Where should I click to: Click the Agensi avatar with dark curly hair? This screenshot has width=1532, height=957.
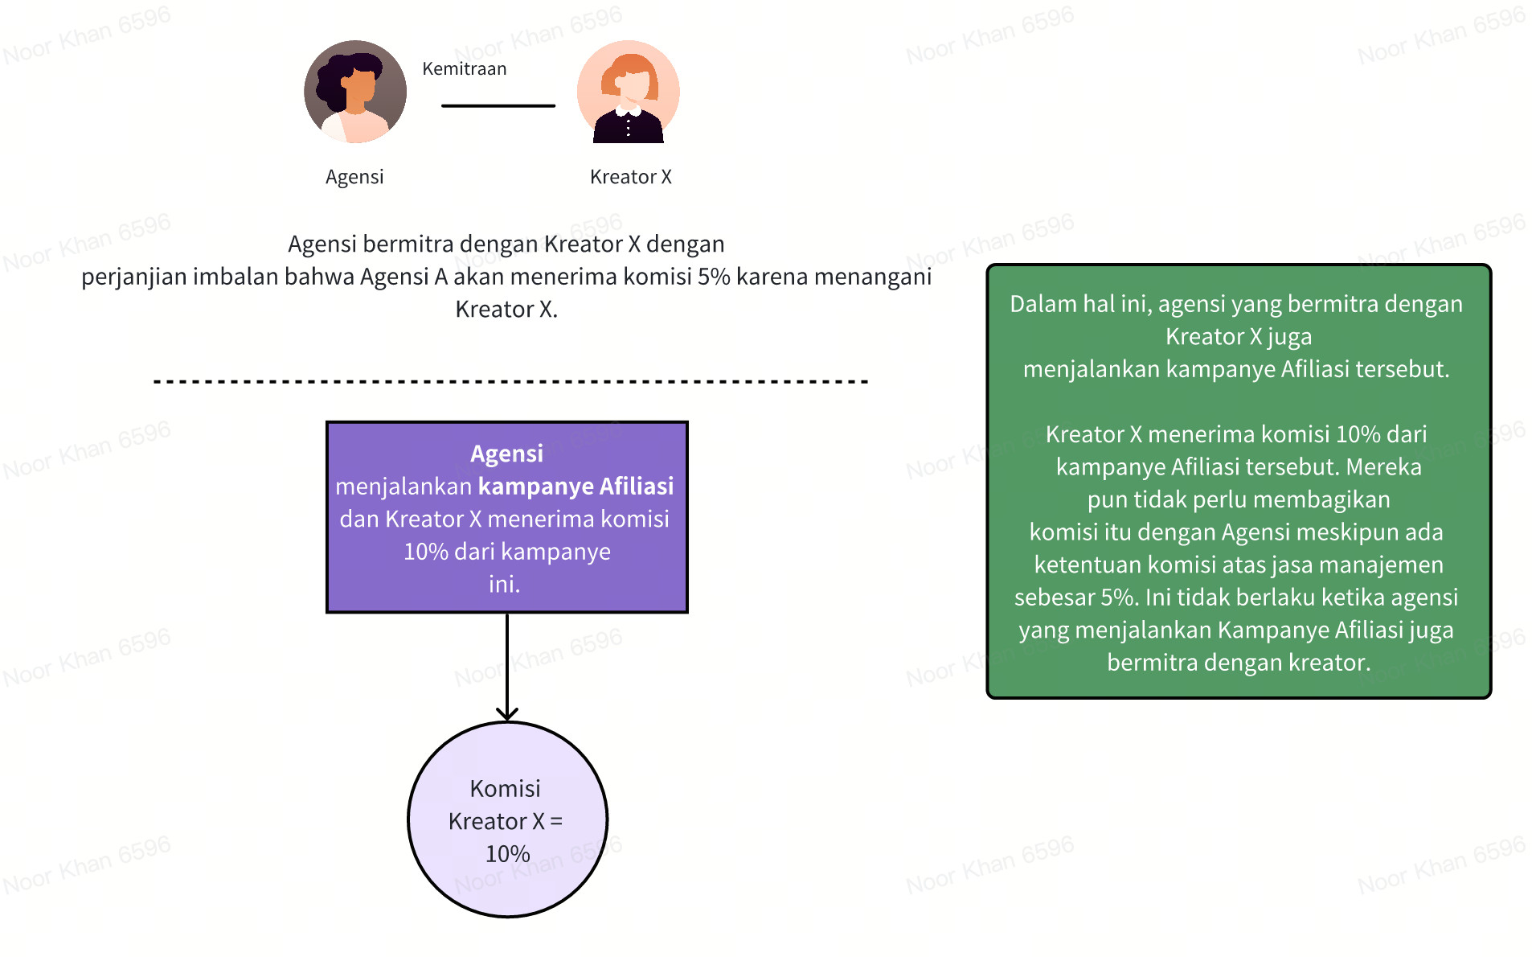(355, 92)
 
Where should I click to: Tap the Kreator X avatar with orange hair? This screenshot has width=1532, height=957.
(629, 92)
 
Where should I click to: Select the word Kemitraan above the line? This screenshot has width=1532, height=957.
(465, 69)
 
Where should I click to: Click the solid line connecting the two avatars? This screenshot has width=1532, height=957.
(498, 105)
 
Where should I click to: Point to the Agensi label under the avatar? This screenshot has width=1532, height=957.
(354, 177)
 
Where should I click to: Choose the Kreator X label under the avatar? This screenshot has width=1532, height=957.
(630, 177)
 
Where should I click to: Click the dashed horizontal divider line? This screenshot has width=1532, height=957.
(510, 381)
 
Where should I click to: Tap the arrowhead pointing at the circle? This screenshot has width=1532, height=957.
(507, 713)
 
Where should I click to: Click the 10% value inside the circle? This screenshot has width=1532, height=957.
(507, 854)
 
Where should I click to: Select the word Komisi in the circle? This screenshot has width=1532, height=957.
(505, 789)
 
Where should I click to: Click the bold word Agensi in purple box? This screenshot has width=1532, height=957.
(506, 454)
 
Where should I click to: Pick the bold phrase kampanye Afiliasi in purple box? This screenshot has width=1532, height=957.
(576, 487)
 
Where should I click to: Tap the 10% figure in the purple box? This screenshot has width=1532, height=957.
(425, 552)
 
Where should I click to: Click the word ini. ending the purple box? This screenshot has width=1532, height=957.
(505, 585)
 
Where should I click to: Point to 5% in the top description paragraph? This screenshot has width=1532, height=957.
(714, 277)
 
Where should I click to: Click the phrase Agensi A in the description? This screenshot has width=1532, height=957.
(403, 277)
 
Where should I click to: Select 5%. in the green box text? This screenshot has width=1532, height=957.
(1120, 598)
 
